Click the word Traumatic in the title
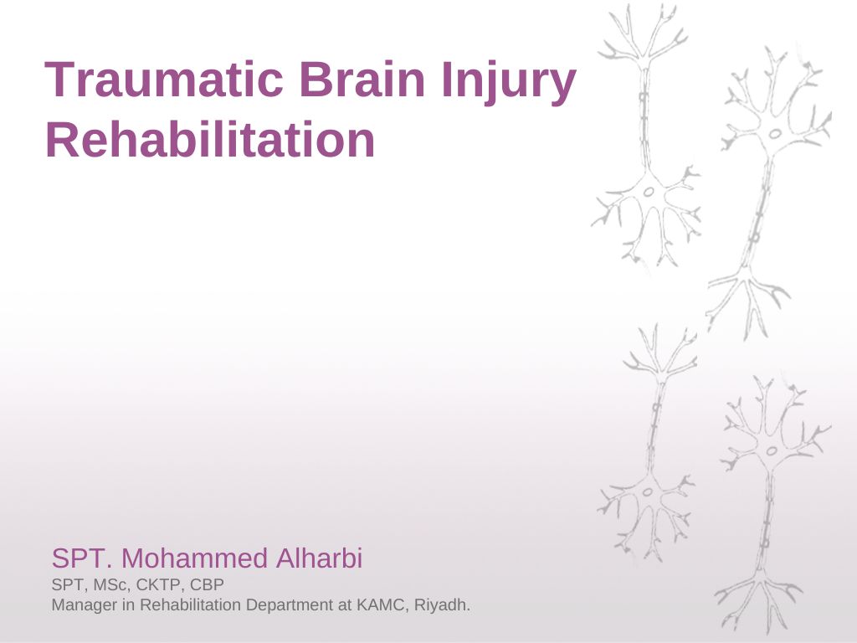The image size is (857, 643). pos(163,80)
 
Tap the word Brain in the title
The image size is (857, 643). pos(362,80)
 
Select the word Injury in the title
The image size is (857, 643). pos(509,83)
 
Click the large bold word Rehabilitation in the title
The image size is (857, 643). pos(210,140)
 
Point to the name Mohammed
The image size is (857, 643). pos(194,558)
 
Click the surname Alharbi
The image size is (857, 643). pos(319,558)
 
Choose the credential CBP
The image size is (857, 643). pos(208,585)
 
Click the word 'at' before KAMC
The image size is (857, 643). pos(345,605)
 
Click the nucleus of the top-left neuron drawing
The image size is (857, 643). pos(649,192)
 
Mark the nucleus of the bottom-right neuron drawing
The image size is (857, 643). pos(772,451)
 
